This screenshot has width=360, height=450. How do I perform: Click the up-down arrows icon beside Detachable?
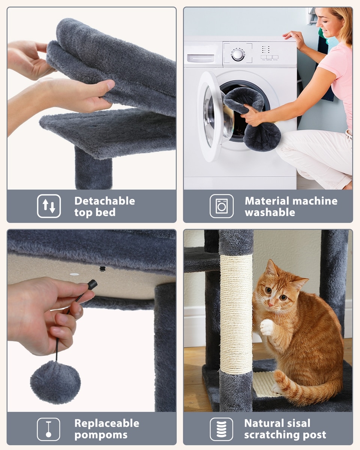pos(49,206)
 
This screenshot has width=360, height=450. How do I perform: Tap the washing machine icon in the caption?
pos(222,206)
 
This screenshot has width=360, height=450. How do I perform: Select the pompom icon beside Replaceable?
pos(48,429)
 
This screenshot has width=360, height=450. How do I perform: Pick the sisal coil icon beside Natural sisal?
pos(221,429)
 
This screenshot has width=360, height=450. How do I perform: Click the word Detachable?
pos(105,201)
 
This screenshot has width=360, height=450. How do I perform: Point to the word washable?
pos(270,213)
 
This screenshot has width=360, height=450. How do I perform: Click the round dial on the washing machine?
pos(238,55)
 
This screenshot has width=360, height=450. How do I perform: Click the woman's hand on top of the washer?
pos(294,39)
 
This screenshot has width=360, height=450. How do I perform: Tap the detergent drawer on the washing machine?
pos(201,58)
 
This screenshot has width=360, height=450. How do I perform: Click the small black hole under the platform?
pos(102,269)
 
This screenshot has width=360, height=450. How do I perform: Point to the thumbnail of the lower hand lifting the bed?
pos(111,84)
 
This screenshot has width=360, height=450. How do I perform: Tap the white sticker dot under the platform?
pos(74,274)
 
